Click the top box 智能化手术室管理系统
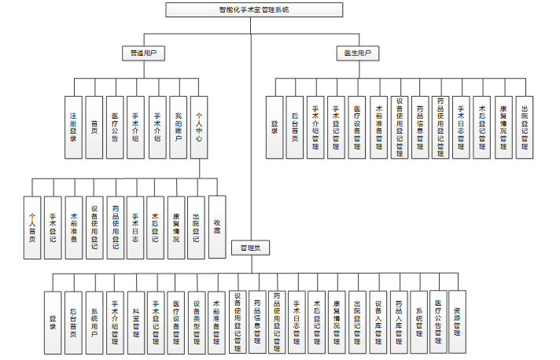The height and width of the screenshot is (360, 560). click(x=253, y=9)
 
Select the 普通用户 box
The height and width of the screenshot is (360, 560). click(x=142, y=53)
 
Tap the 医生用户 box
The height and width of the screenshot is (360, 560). click(x=357, y=53)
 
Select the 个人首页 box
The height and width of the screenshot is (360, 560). click(x=32, y=227)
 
